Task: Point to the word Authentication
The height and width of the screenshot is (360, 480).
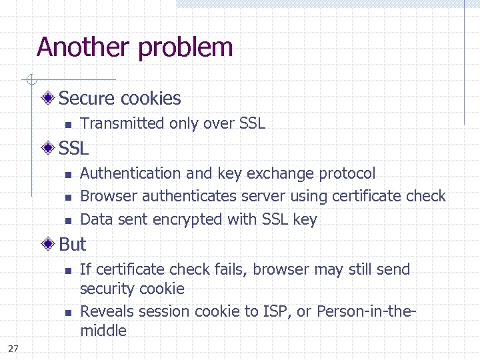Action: coord(131,173)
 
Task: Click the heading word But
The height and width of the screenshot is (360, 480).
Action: coord(73,245)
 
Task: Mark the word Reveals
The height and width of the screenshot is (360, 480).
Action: coord(105,311)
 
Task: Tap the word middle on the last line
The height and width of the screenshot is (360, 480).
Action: coord(103,331)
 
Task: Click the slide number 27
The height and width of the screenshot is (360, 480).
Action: coord(13,348)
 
